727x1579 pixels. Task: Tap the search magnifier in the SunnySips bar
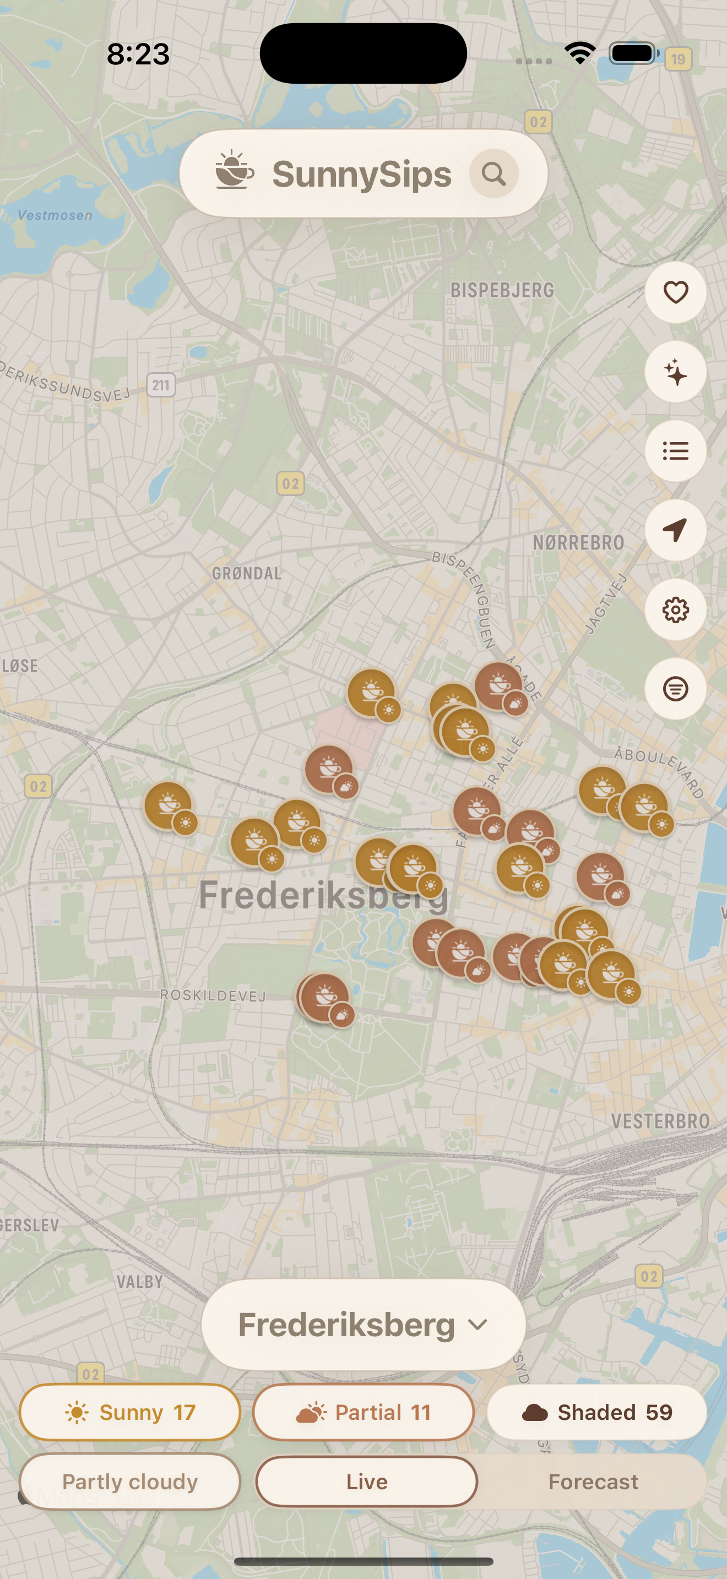pos(493,174)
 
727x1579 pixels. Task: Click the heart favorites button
pos(675,292)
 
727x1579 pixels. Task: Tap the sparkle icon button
pos(675,372)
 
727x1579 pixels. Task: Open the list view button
pos(675,451)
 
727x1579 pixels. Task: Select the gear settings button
pos(675,610)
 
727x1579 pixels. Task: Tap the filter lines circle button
pos(675,689)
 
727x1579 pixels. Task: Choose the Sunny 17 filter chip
pos(130,1412)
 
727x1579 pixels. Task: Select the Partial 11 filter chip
pos(363,1412)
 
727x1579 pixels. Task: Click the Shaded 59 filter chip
pos(596,1412)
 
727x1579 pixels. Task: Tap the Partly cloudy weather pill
pos(130,1482)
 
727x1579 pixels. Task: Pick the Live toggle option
pos(367,1482)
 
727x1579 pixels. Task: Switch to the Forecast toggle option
pos(593,1482)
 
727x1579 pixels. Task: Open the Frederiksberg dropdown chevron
pos(478,1325)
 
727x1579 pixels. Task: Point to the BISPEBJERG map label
pos(502,291)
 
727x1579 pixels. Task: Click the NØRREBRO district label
pos(578,542)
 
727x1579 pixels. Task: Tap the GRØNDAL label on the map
pos(246,574)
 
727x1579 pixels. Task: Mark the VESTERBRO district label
pos(660,1121)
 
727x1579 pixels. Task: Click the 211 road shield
pos(161,385)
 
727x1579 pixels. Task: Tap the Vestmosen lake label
pos(55,215)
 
